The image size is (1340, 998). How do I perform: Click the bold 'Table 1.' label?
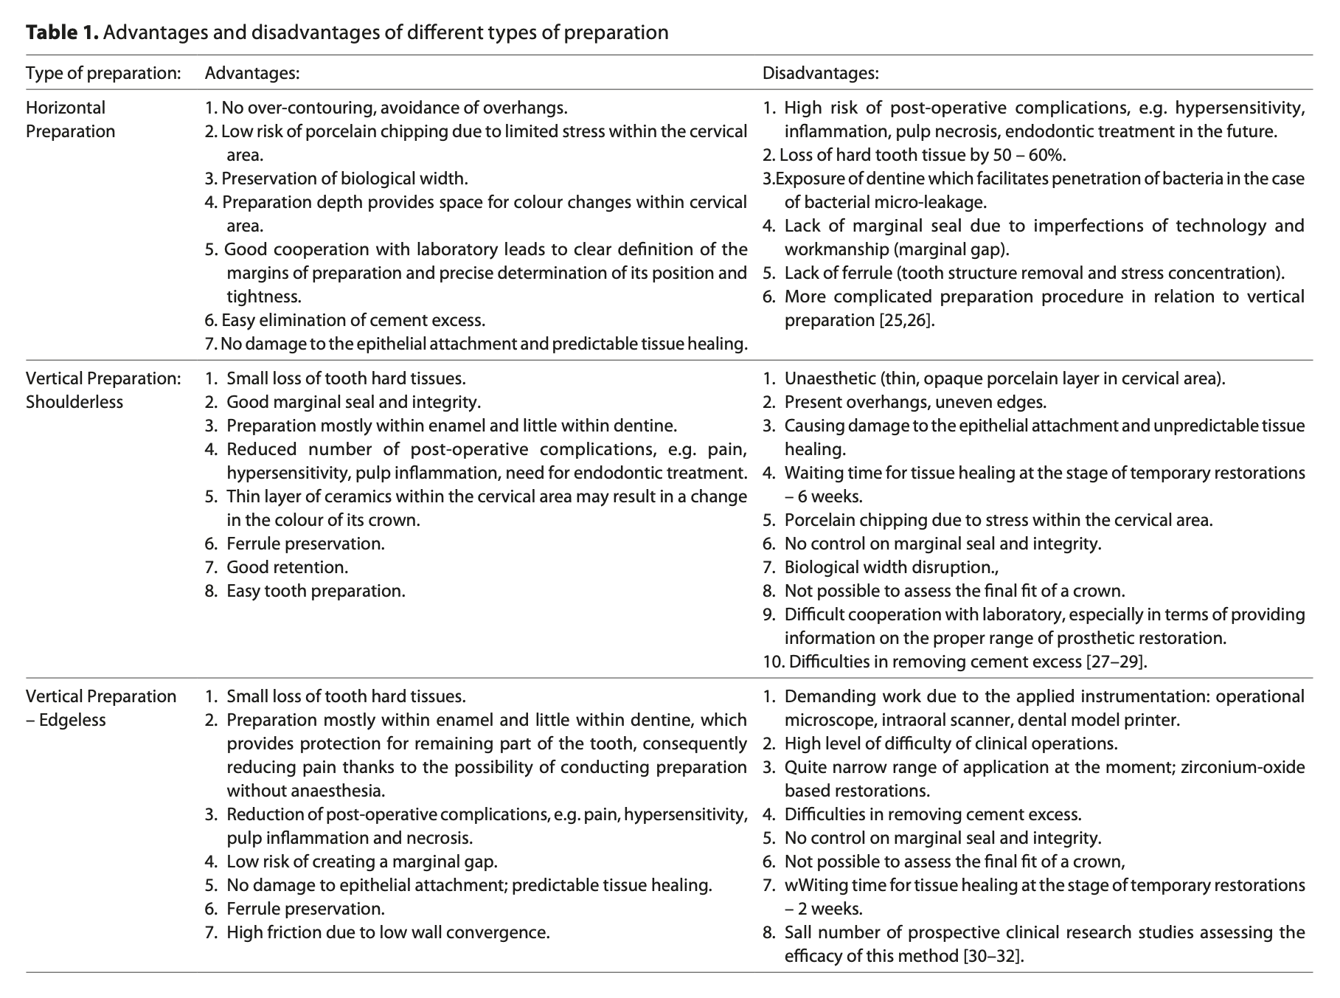(62, 32)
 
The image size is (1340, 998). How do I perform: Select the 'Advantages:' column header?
(251, 73)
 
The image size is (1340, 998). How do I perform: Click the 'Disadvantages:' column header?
(820, 73)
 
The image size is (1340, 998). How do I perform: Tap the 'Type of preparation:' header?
(103, 73)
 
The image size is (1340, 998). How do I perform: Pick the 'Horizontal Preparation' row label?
(71, 119)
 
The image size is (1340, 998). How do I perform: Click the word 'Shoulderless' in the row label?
(74, 402)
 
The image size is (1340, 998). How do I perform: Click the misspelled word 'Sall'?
(799, 932)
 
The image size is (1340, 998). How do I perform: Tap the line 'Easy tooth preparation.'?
(316, 591)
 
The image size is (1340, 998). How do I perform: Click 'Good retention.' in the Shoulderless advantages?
(287, 567)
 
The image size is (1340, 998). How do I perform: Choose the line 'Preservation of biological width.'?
(344, 179)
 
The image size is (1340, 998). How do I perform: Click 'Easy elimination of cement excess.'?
(353, 320)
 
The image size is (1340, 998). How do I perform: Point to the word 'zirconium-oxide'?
(1243, 767)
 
